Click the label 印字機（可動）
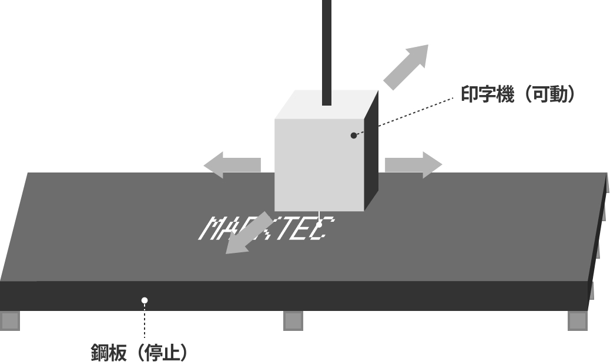click(518, 94)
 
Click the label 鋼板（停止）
click(139, 352)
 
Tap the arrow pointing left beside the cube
click(232, 165)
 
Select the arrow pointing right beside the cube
click(414, 165)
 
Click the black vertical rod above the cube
click(327, 52)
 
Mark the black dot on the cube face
click(354, 136)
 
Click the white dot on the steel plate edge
click(145, 300)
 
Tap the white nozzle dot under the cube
click(319, 225)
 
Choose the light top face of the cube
click(327, 104)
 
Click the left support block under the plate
click(10, 321)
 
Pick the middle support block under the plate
click(293, 321)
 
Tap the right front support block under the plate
click(578, 321)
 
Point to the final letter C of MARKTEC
click(324, 228)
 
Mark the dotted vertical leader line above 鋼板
click(145, 321)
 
